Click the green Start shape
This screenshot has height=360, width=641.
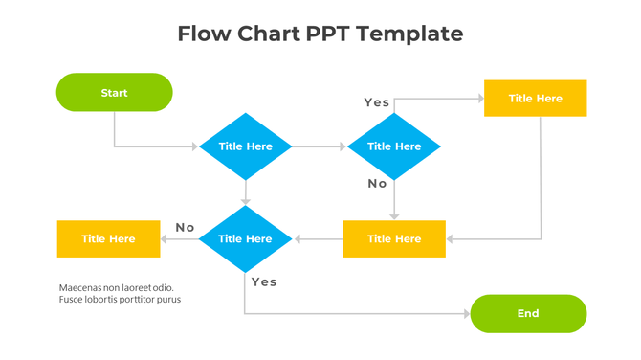(x=114, y=93)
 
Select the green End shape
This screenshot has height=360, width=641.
(x=528, y=313)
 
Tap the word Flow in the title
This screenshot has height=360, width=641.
(x=207, y=34)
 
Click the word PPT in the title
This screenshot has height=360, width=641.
(x=331, y=34)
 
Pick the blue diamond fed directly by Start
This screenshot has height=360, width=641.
(x=245, y=146)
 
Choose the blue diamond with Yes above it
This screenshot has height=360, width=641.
(x=393, y=146)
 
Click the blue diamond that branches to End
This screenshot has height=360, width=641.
(x=245, y=238)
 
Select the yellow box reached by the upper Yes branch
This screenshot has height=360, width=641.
(x=535, y=99)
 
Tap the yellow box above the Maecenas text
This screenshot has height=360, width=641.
(x=108, y=238)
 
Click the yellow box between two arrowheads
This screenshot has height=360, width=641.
(x=393, y=238)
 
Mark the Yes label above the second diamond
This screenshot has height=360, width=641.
(x=377, y=102)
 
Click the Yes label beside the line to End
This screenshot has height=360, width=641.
(x=263, y=281)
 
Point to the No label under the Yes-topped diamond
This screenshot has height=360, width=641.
(x=377, y=183)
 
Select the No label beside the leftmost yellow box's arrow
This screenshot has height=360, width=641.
(x=185, y=228)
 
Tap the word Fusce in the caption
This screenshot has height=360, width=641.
(x=73, y=300)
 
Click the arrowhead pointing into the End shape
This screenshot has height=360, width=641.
(x=466, y=314)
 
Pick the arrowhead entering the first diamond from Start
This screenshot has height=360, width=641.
(x=194, y=146)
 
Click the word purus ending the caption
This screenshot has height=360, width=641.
(x=168, y=300)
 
